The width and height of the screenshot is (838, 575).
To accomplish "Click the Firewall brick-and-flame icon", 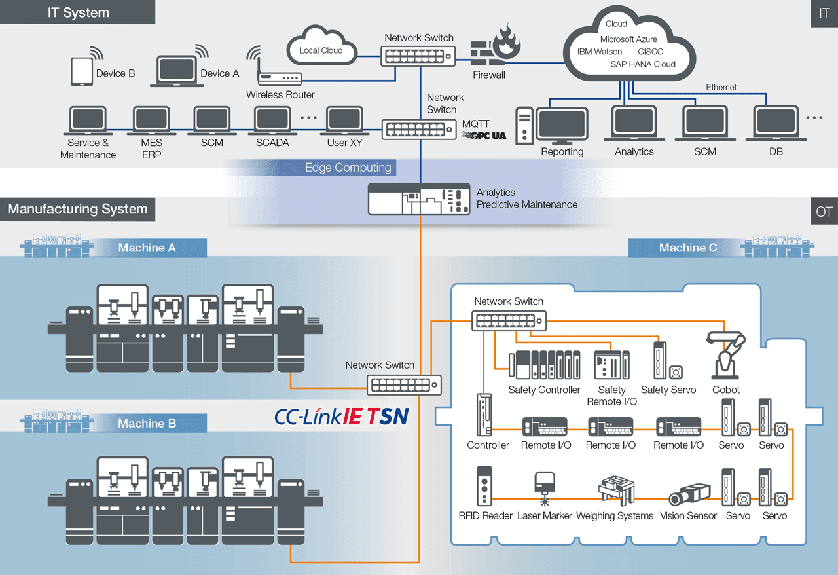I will pos(495,46).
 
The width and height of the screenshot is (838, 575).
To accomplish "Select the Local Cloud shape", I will pos(321,46).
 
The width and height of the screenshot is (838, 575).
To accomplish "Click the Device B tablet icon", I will pos(82,71).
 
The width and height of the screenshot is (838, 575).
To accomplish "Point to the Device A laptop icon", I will pos(176,71).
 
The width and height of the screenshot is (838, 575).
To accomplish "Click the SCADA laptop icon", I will pos(272,121).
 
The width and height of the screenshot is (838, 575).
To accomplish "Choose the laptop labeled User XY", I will pos(344,121).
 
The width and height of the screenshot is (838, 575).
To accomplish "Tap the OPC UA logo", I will pos(484,136).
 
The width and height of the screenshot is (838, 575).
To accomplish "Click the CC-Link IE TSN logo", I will pos(341,417).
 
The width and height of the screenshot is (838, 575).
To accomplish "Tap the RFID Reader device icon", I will pos(484,485).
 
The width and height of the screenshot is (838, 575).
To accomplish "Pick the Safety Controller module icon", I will pos(544,365).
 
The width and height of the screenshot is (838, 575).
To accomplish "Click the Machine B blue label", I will pos(147,424).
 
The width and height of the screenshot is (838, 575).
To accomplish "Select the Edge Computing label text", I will pos(348,168).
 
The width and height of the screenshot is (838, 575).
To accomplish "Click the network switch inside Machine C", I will pos(509,320).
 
